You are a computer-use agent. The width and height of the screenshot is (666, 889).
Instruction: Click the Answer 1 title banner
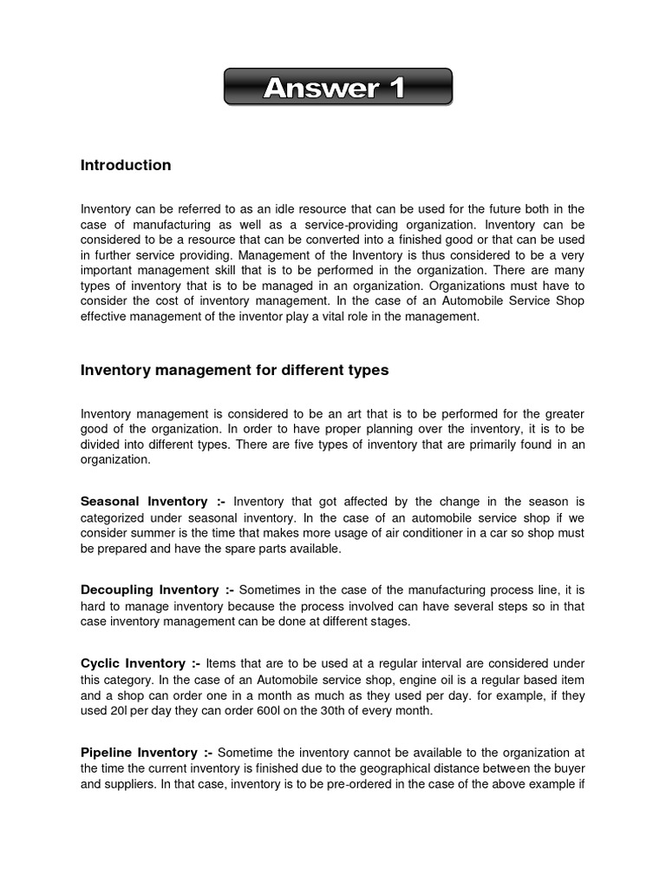click(x=337, y=88)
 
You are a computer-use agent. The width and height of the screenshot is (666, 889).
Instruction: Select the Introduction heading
click(x=126, y=165)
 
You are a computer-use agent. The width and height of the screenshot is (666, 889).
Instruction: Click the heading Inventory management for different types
click(x=234, y=370)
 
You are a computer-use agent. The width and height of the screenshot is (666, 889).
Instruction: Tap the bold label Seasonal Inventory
click(x=143, y=502)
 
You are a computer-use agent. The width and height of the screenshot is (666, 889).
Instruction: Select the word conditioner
click(x=404, y=533)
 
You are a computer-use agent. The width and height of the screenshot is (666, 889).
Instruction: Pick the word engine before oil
click(x=407, y=679)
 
